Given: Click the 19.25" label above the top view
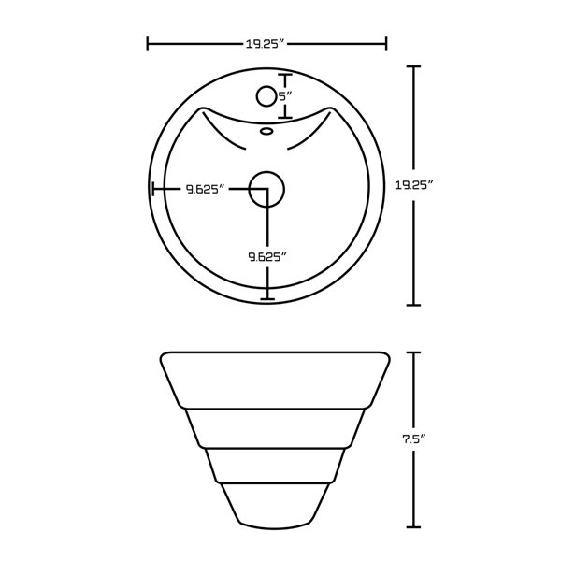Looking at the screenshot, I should pos(266,43).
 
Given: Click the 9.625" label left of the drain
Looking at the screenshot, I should pos(206,189).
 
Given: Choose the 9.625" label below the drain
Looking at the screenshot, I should pos(267,255).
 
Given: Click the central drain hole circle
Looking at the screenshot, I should pos(267,188).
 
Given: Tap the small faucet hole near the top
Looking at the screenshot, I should pos(265,96).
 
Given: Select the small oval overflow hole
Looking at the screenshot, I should pos(266,133).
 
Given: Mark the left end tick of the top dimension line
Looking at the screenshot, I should pos(149,43).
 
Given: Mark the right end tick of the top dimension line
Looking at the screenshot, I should pos(386,43).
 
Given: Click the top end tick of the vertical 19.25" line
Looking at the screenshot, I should pos(415,67).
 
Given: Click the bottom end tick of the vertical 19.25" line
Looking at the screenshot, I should pos(415,305).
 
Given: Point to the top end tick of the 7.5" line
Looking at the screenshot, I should pos(415,353).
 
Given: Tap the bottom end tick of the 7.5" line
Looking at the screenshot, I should pos(415,526).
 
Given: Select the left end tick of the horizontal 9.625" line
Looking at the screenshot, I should pos(153,189).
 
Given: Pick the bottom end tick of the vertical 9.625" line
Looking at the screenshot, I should pos(268,299).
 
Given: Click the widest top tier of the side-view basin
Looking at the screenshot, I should pos(274,379).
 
